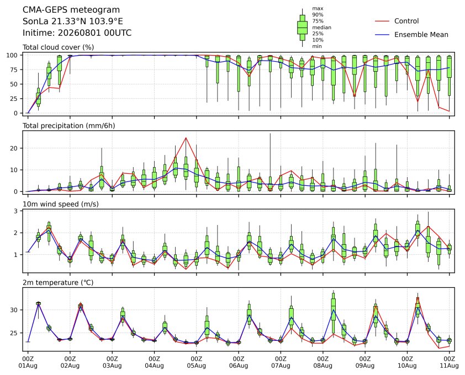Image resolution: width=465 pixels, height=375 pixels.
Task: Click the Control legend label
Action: [x=406, y=21]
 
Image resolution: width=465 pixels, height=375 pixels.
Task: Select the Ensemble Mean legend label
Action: [x=421, y=35]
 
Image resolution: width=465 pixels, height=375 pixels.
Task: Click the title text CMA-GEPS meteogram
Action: [x=71, y=10]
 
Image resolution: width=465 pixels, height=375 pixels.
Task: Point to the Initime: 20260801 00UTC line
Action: [x=77, y=33]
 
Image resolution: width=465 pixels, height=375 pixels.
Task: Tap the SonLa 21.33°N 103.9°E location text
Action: [x=73, y=22]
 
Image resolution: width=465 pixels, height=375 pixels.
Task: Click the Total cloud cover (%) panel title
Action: [x=59, y=47]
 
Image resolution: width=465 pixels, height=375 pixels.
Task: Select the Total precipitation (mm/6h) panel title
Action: [x=69, y=126]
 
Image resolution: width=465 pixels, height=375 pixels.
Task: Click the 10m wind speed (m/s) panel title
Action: [x=61, y=204]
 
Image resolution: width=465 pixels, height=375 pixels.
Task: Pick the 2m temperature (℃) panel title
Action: [x=58, y=282]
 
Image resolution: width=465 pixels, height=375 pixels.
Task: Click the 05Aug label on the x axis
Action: [x=196, y=366]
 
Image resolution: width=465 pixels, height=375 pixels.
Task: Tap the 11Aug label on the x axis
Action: [x=450, y=366]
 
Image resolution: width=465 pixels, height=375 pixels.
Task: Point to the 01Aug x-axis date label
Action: [x=28, y=366]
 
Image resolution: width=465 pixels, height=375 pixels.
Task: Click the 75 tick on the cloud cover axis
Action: [x=14, y=69]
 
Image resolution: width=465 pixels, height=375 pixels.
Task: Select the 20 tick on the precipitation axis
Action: [x=14, y=148]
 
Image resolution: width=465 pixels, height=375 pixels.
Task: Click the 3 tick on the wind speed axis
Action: [x=17, y=211]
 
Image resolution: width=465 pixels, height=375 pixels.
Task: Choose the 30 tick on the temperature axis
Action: [x=14, y=310]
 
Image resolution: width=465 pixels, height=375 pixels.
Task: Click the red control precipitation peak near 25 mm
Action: [x=186, y=138]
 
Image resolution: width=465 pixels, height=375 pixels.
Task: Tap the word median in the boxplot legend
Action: [x=321, y=27]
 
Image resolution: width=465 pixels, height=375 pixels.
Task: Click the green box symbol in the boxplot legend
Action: [x=302, y=28]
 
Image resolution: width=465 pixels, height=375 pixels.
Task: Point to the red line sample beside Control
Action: [x=382, y=21]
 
